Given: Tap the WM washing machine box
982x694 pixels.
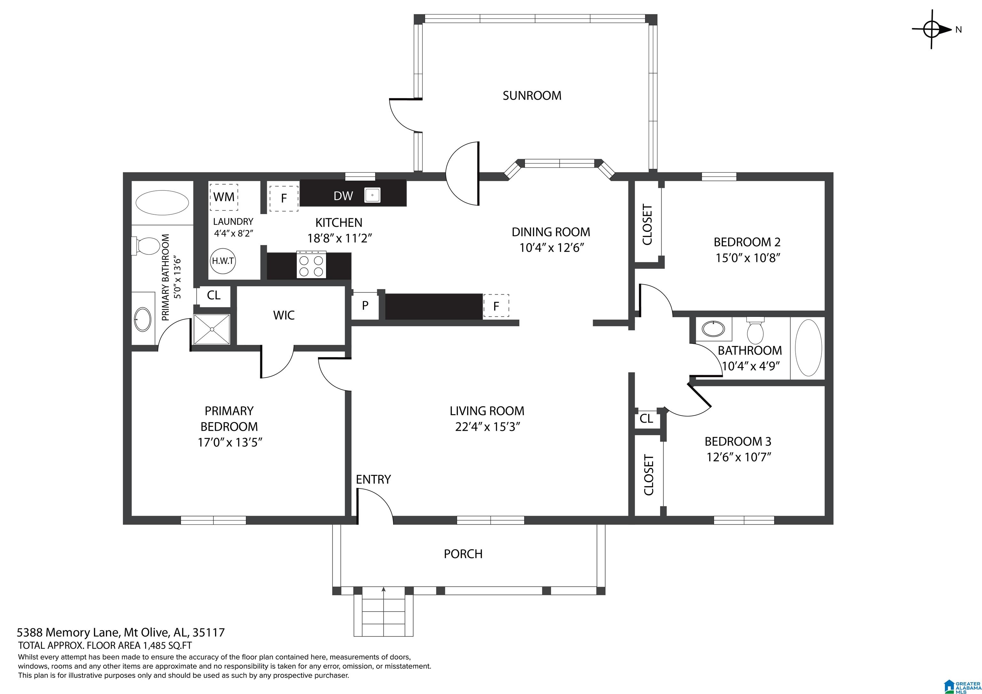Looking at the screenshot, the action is tap(224, 197).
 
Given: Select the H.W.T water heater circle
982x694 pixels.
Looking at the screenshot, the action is tap(222, 260).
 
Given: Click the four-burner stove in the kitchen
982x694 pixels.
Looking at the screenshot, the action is tap(311, 265).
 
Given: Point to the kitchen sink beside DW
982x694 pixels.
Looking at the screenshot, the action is tap(372, 196).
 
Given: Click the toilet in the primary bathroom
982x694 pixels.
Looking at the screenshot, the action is tap(145, 246).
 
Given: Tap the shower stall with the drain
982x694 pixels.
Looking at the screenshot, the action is tap(212, 329).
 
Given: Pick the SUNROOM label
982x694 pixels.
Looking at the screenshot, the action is tap(532, 95).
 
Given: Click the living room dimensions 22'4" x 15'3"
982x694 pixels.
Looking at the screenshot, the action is tap(487, 427).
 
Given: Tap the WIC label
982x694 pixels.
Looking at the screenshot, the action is tap(284, 315).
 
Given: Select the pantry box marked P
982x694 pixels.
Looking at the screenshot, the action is tap(365, 306).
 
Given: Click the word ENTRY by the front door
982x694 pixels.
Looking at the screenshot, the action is tap(373, 479).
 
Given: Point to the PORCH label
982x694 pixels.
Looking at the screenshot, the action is tap(463, 554).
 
